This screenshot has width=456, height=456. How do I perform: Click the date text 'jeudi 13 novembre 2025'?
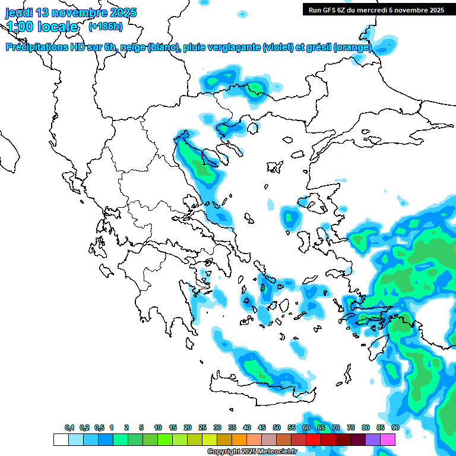71,12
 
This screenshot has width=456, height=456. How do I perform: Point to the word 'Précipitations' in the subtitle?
37,47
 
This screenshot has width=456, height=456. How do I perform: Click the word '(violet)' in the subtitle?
278,47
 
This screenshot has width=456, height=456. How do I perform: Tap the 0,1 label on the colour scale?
69,427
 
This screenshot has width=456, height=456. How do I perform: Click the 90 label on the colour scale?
395,427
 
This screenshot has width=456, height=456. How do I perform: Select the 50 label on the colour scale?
277,427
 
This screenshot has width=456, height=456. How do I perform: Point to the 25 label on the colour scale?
202,427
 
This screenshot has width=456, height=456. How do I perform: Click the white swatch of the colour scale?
61,439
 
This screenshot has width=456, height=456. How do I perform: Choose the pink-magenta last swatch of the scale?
388,439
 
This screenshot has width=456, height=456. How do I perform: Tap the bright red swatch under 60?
313,439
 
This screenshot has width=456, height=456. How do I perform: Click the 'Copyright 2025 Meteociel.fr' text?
252,451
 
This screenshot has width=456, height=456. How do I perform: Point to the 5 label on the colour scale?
141,427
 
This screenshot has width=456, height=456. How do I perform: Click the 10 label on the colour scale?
158,427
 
